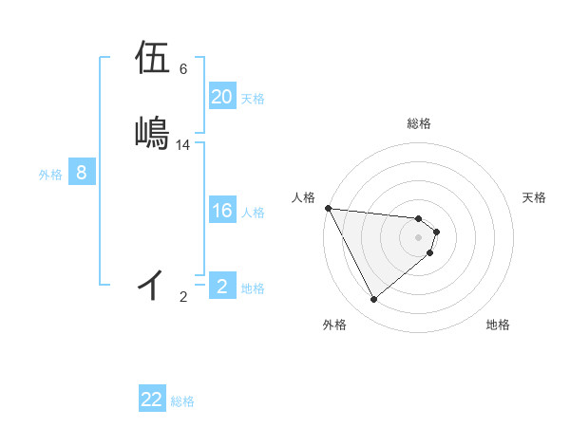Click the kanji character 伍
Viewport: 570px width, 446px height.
coord(153,57)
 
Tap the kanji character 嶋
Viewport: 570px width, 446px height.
coord(153,132)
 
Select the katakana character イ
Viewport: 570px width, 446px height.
coord(151,284)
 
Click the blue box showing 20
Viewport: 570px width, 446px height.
coord(222,97)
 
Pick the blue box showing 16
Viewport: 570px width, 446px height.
coord(222,211)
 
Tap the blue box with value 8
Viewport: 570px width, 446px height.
coord(82,173)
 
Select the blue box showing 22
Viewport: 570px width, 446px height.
coord(152,400)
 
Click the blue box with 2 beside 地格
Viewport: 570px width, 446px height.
coord(222,287)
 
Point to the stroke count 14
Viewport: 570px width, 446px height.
coord(183,145)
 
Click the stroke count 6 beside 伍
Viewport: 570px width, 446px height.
coord(183,69)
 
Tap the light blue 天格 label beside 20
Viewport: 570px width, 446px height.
coord(253,99)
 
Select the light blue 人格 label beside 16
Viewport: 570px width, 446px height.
coord(253,213)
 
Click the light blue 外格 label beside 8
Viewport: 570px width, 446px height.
coord(50,175)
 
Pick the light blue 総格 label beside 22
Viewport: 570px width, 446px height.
coord(182,401)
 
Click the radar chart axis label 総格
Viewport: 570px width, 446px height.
coord(419,123)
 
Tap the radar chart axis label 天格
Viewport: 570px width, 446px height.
coord(535,197)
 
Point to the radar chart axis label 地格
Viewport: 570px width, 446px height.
coord(498,325)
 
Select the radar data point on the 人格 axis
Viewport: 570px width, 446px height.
coord(328,208)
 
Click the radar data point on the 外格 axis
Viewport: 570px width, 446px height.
coord(373,300)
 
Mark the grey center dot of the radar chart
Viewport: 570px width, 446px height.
coord(419,237)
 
